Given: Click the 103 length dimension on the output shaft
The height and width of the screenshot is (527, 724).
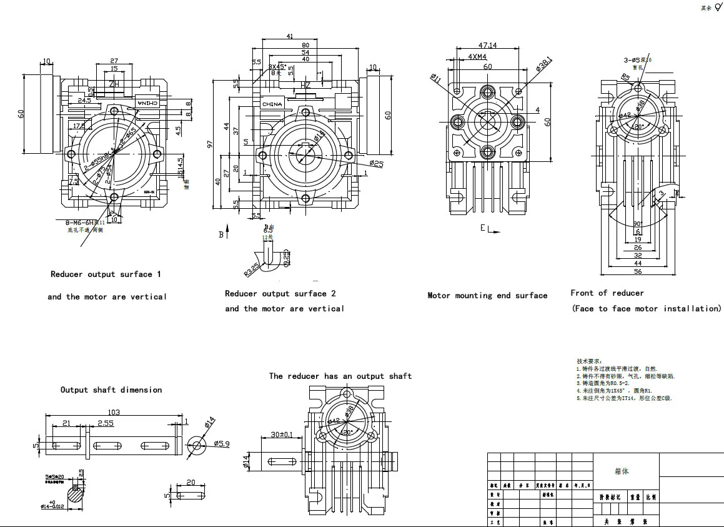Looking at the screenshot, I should (113, 413).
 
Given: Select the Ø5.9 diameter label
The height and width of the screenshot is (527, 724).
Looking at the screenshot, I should (222, 444).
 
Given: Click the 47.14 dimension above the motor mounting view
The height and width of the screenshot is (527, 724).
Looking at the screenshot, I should (487, 46).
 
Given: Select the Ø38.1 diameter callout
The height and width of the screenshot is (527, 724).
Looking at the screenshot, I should (543, 64).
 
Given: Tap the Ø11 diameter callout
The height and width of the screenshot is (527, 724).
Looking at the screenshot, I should (435, 78).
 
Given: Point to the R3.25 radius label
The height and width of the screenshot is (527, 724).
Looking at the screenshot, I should (252, 270).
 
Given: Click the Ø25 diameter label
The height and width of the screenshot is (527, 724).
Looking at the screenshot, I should (376, 164).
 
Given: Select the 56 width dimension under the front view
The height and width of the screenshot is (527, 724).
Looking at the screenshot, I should (638, 272).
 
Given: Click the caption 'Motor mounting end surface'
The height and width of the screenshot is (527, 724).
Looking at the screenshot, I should (487, 296).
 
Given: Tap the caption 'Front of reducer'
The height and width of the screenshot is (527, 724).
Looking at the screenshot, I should (607, 293).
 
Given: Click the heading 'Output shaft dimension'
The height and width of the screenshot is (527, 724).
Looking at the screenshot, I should (111, 390).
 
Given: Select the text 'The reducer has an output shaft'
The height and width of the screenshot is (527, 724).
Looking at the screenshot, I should (340, 376).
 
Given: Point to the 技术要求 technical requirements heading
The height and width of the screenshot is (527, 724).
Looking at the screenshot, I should (588, 361).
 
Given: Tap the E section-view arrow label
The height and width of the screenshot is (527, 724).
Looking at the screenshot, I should (483, 229).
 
